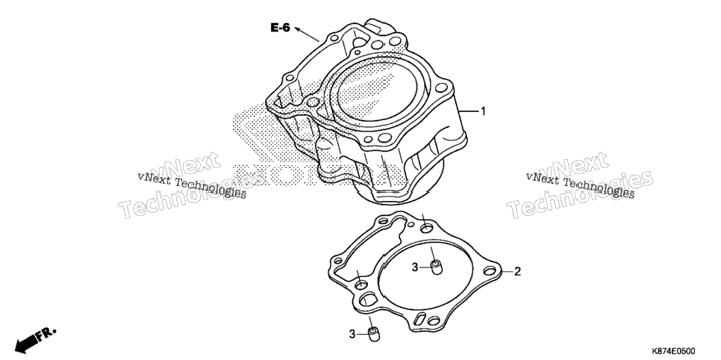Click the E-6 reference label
[280, 28]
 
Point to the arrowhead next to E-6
[298, 29]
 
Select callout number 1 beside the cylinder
[483, 111]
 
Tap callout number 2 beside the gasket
[517, 272]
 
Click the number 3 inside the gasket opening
[415, 267]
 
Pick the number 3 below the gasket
[352, 335]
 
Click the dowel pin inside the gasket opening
[435, 267]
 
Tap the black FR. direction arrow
[35, 338]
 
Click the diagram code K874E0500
[672, 351]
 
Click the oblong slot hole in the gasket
[419, 319]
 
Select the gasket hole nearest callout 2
[490, 270]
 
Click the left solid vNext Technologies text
[192, 184]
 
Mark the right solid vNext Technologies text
[580, 185]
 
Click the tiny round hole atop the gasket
[411, 225]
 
